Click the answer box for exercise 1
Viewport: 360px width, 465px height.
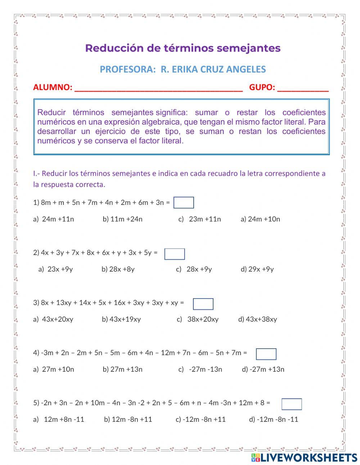pos(184,203)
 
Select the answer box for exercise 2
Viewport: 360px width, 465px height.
pos(175,254)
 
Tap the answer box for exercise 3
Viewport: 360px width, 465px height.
pos(203,304)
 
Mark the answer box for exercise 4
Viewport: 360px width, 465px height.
pos(266,354)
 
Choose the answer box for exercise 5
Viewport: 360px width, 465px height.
pos(292,404)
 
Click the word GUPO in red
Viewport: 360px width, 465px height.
pos(262,87)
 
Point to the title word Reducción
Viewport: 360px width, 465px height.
pos(114,48)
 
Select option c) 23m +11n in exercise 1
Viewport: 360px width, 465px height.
pos(200,219)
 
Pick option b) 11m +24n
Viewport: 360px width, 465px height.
pos(123,219)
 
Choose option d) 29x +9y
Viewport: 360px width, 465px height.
pos(257,269)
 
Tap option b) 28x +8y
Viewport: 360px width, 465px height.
pos(118,269)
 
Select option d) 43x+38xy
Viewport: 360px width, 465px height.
pos(258,319)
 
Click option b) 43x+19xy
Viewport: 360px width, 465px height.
pos(121,319)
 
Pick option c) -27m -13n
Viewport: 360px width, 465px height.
pos(201,369)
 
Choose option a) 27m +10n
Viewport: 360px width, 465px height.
pos(54,369)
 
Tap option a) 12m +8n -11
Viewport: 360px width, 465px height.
pos(59,419)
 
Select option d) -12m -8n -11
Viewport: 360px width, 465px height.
pos(274,419)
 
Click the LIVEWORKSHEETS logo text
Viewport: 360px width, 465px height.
pos(308,457)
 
